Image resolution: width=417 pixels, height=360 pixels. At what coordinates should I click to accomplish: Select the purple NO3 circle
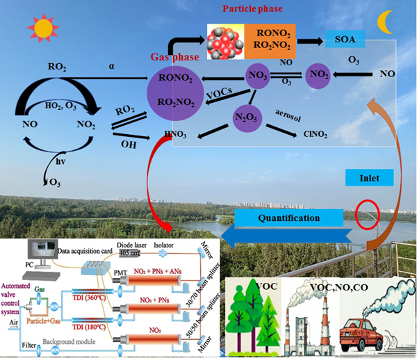257,72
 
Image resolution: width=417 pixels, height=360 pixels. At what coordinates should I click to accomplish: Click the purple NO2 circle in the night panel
318,73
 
